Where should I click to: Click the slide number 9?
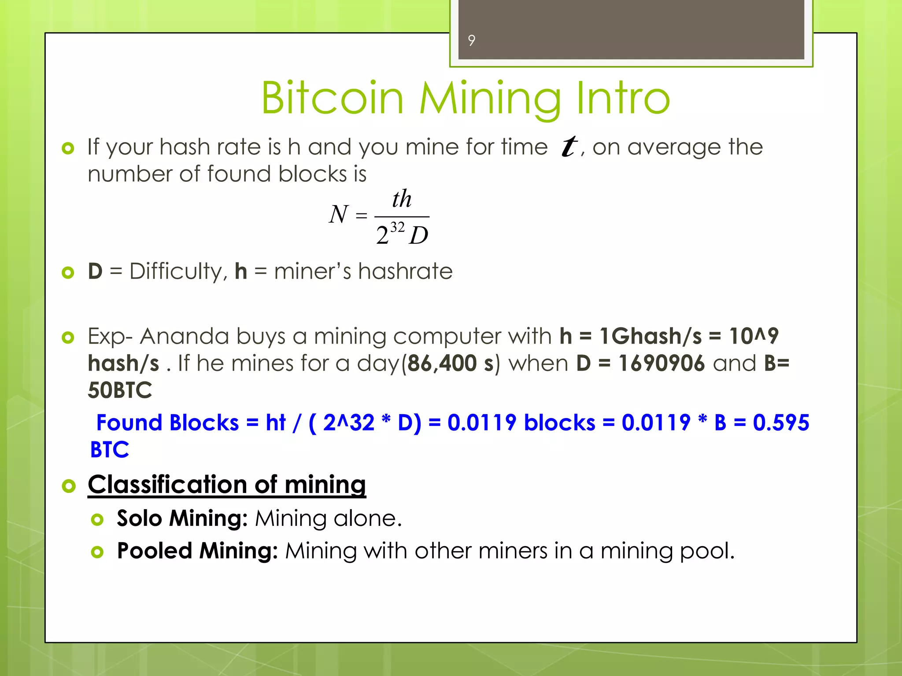471,40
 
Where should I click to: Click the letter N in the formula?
338,215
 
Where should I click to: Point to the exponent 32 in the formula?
397,227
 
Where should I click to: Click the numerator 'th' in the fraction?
402,199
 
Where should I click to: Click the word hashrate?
405,271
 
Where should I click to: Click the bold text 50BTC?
120,390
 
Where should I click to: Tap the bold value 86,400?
442,364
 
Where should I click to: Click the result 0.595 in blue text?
780,422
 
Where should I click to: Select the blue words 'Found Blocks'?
167,423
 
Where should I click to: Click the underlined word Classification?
167,485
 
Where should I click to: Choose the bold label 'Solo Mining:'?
182,518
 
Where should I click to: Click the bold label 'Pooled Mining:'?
197,551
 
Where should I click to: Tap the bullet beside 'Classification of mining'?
69,486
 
